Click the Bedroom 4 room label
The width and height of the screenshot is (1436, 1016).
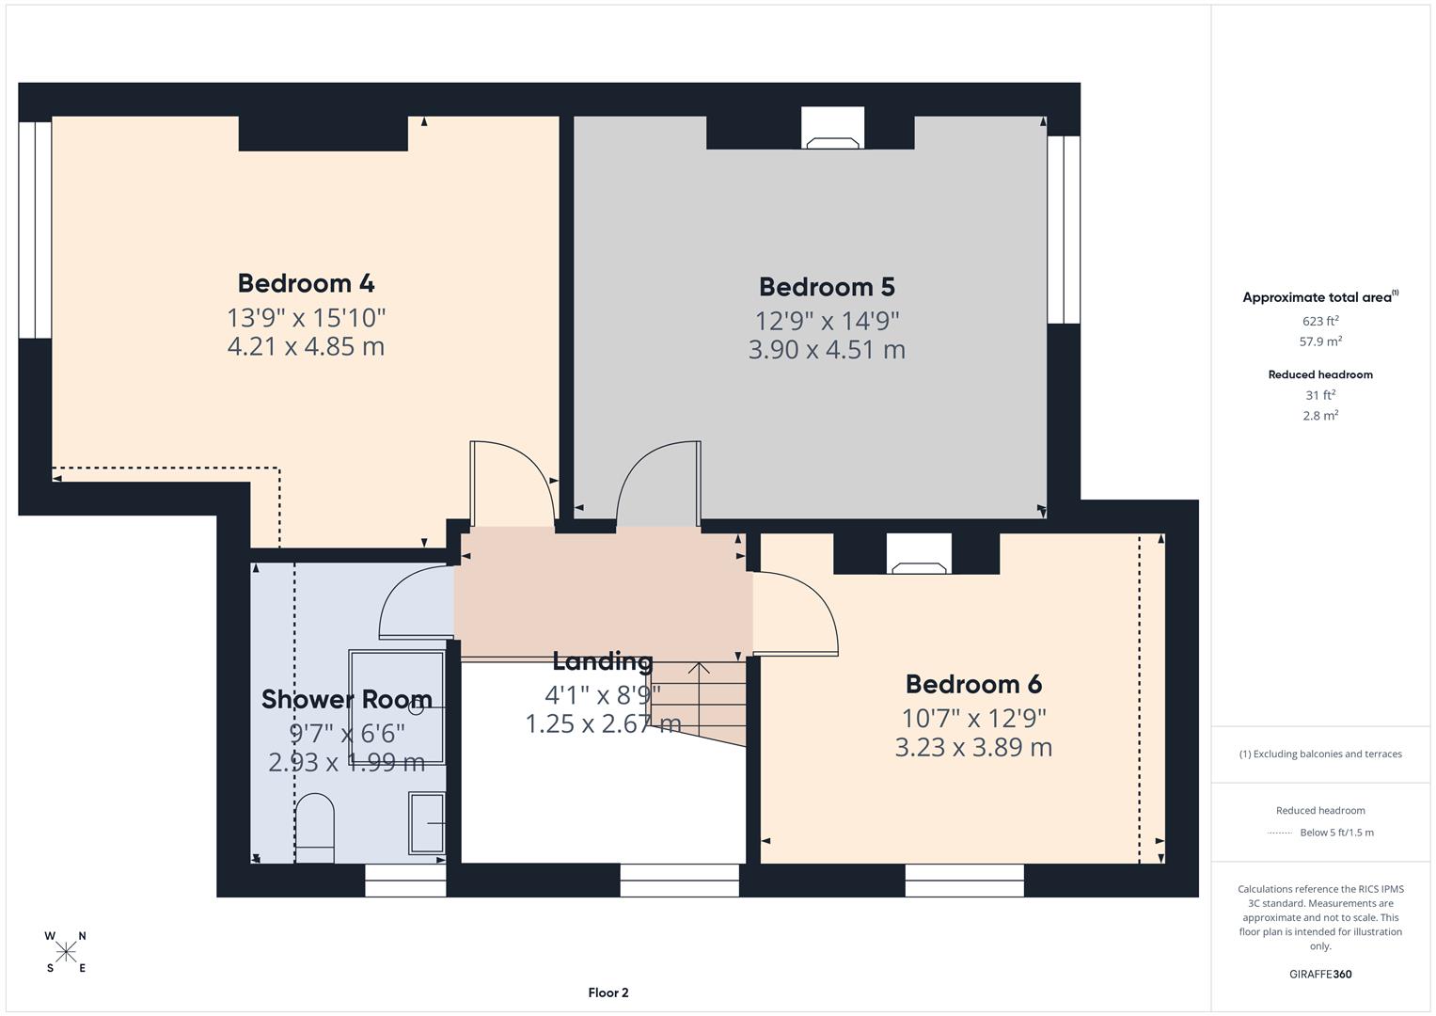(306, 283)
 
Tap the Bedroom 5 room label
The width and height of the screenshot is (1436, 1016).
(827, 287)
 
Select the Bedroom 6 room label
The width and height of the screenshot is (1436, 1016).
(973, 684)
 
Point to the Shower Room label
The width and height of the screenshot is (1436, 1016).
(346, 699)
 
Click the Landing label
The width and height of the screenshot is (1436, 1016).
(602, 661)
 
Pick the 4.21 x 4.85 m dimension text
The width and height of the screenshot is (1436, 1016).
(306, 346)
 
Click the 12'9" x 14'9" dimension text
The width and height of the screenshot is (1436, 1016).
(827, 321)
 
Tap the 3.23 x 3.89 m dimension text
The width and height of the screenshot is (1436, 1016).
(973, 748)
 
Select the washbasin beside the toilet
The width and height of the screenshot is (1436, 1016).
(426, 822)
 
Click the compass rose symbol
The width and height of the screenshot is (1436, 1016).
(66, 952)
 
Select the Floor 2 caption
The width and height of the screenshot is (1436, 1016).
(608, 992)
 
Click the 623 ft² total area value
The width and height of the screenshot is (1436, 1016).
(1320, 321)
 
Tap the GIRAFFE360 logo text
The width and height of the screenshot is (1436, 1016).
(1319, 974)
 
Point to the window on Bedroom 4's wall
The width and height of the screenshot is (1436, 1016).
(35, 229)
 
